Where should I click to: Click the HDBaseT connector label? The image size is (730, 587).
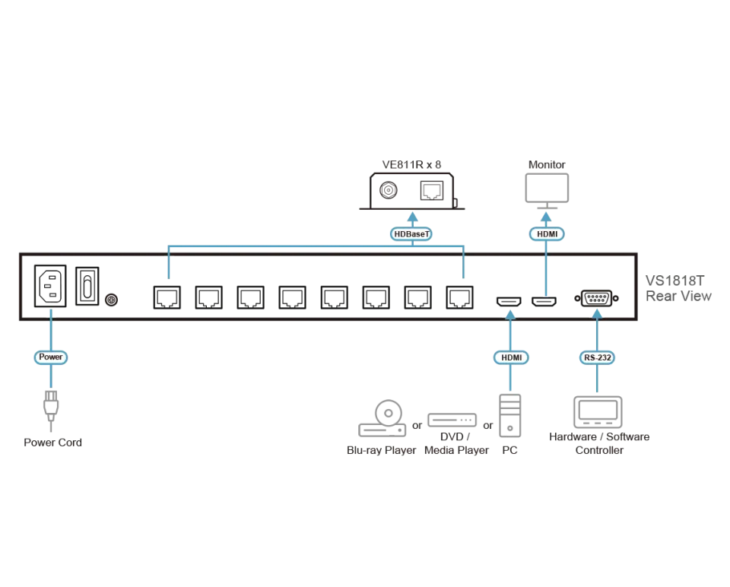click(x=411, y=233)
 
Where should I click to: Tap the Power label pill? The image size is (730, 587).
click(x=51, y=357)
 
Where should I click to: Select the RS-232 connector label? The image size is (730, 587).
click(x=598, y=357)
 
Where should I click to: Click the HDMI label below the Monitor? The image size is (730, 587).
click(x=547, y=233)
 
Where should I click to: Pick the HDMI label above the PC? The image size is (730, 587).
click(x=511, y=357)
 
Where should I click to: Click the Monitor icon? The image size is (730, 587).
click(x=547, y=191)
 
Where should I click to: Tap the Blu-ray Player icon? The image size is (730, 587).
click(x=382, y=418)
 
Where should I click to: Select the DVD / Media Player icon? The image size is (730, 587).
click(x=452, y=420)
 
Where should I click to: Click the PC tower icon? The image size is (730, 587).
click(x=509, y=416)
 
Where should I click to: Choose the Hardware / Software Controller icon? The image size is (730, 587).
click(x=598, y=412)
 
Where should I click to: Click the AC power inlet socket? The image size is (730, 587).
click(x=50, y=286)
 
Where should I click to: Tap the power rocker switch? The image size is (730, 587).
click(x=87, y=286)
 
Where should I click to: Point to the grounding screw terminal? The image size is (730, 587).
click(x=111, y=300)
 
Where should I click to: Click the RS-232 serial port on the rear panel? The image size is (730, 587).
click(x=597, y=298)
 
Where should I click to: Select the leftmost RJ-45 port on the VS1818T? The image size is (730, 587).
click(x=167, y=297)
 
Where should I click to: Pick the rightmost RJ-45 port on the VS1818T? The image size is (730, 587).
click(x=460, y=297)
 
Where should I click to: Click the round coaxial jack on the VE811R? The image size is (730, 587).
click(x=389, y=190)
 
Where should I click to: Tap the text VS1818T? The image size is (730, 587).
click(x=674, y=281)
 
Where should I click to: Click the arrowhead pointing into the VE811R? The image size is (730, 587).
click(x=412, y=217)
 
